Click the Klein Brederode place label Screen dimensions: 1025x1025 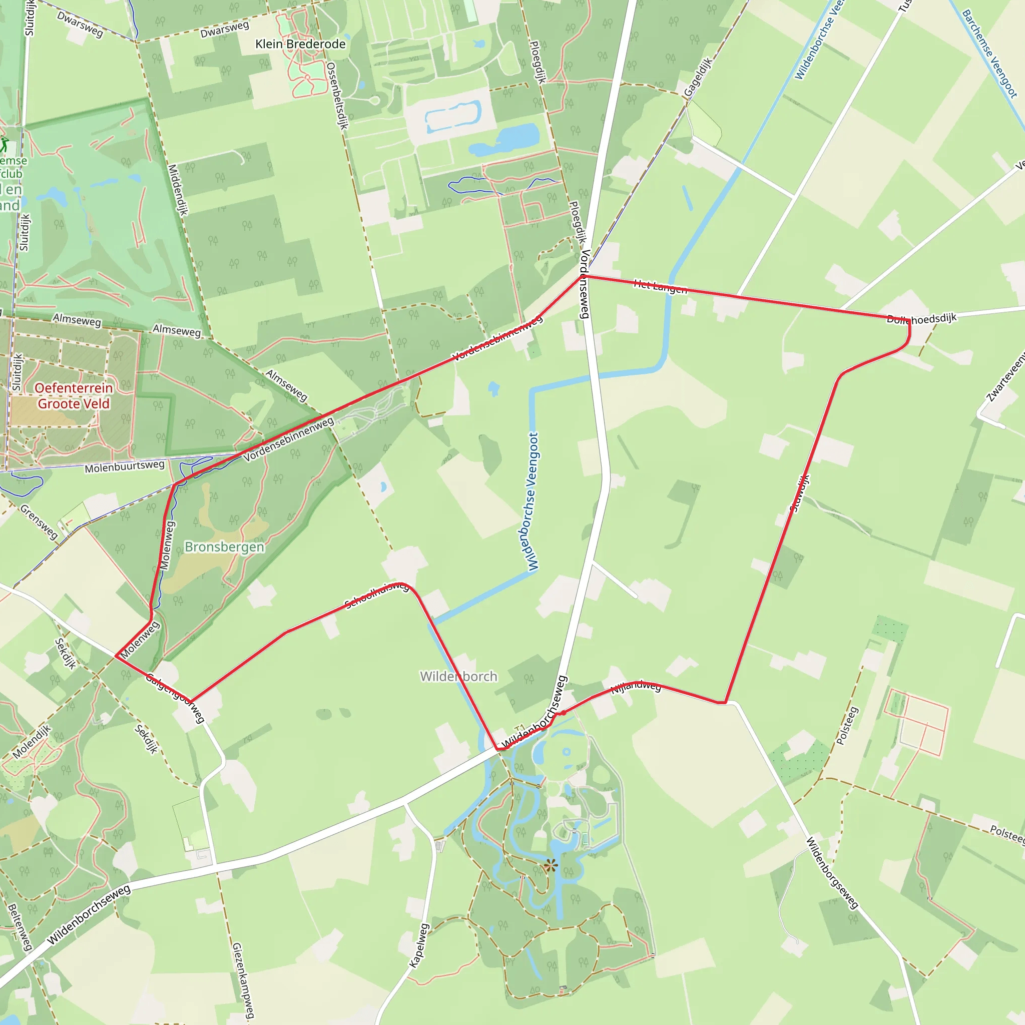[x=300, y=44]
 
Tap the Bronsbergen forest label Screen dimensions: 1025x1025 [x=224, y=547]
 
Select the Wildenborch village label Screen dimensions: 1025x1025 [x=459, y=677]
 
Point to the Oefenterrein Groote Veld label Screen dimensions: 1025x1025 [x=74, y=396]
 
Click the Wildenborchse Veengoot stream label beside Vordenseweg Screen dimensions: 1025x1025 [x=533, y=501]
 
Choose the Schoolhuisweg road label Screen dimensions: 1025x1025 [x=377, y=595]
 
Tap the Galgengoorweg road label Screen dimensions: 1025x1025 [x=175, y=698]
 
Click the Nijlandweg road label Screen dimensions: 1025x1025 [x=636, y=688]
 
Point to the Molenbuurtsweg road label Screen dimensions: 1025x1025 [x=125, y=466]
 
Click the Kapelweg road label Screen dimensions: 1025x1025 [x=419, y=945]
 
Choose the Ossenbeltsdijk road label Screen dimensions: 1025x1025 [x=337, y=96]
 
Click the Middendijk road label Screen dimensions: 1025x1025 [x=178, y=189]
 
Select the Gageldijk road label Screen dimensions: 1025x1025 [x=698, y=78]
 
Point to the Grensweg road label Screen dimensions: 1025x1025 [x=39, y=522]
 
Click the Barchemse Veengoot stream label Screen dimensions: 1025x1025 [x=990, y=54]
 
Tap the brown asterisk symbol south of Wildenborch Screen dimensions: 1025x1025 [x=551, y=866]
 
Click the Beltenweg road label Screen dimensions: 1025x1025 [x=20, y=927]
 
